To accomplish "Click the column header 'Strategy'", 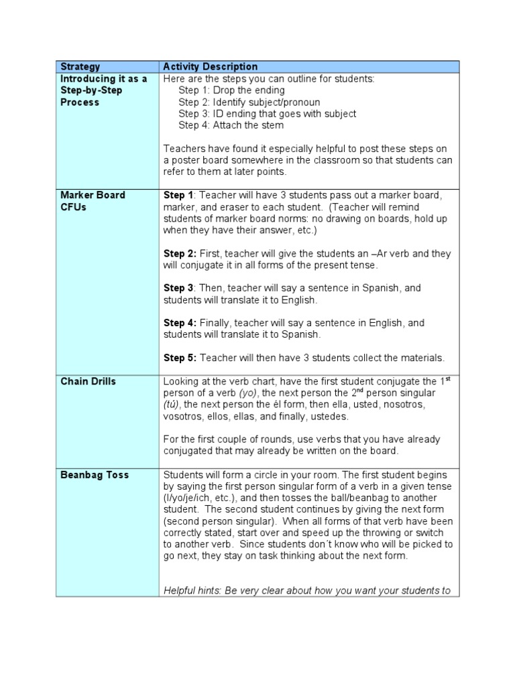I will (x=80, y=66).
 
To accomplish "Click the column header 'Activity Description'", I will (x=211, y=66).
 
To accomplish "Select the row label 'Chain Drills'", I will (x=88, y=381).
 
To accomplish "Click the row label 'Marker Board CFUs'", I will (x=93, y=200).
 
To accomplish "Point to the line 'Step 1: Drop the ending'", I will (x=231, y=90).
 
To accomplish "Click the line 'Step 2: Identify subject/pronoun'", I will (x=249, y=102).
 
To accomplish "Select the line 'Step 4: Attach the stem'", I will (x=231, y=125).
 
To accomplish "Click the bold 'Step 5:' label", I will (x=180, y=358).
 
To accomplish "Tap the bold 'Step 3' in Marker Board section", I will (x=178, y=288).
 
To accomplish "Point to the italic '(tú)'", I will (x=171, y=405).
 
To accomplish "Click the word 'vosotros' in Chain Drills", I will (x=183, y=416).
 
